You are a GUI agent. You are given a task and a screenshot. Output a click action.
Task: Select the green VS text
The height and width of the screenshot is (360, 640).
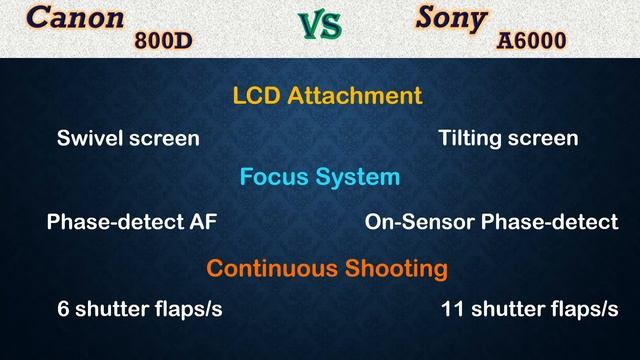tap(320, 27)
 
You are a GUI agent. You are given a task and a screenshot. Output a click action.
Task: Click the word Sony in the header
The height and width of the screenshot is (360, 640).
tap(451, 18)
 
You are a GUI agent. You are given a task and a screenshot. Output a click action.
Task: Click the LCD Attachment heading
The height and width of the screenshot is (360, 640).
tap(327, 96)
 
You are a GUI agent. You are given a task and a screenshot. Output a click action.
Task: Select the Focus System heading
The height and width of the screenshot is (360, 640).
tap(320, 177)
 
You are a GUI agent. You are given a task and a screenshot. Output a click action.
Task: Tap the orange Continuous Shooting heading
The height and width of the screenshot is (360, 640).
tap(327, 268)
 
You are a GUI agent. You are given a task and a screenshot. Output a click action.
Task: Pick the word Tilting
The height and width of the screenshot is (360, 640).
tap(471, 138)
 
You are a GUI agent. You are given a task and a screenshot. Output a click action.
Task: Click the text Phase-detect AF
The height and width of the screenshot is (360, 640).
tap(131, 222)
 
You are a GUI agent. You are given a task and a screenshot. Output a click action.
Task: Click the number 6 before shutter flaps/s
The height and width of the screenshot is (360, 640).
tap(63, 310)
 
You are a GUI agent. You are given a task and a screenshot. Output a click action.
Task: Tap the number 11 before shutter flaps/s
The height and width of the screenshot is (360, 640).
tap(451, 310)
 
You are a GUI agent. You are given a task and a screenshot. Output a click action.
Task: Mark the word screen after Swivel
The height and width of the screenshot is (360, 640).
tap(164, 138)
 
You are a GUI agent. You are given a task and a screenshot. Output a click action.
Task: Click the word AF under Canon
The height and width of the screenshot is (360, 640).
tap(203, 222)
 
